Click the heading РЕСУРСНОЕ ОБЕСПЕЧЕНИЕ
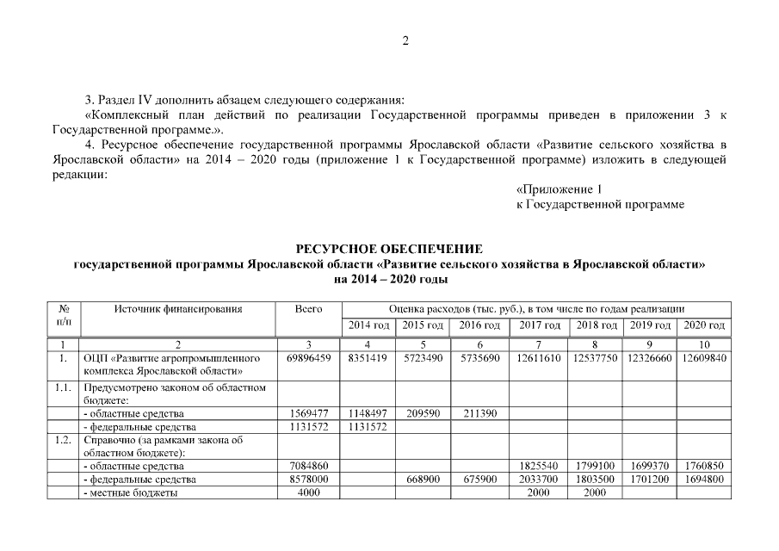click(x=389, y=249)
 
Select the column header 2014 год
click(x=369, y=325)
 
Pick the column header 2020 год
click(x=704, y=325)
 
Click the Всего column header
click(x=308, y=308)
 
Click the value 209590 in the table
click(x=423, y=413)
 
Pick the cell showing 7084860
click(x=308, y=466)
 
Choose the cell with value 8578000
click(x=308, y=480)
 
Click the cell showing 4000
click(x=308, y=492)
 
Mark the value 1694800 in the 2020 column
click(x=704, y=480)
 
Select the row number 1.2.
click(x=60, y=440)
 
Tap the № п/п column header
click(x=64, y=314)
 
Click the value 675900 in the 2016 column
click(x=479, y=480)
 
